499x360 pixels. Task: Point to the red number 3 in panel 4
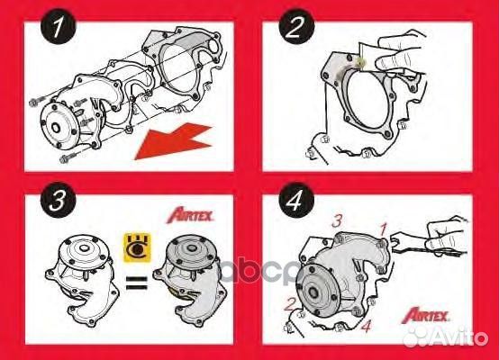336,220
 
